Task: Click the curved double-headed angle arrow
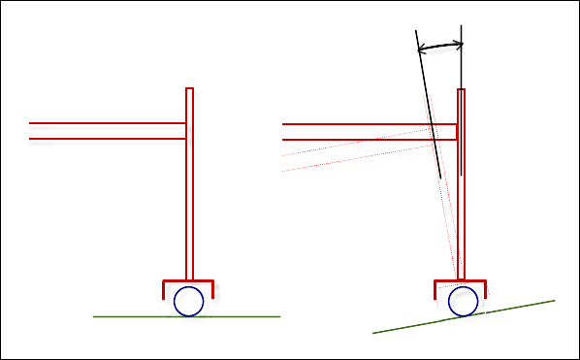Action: pos(439,44)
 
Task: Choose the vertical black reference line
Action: pos(461,97)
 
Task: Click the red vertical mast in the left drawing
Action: pos(189,194)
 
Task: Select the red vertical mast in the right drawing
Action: pos(462,213)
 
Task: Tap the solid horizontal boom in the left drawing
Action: pos(107,131)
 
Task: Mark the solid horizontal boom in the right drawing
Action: pos(359,131)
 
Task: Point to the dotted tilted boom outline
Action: pos(349,155)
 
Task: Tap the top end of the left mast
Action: pos(189,90)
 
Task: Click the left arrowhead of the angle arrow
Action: pos(419,47)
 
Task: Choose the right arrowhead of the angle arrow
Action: pos(460,44)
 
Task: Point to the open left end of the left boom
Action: pos(31,131)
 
